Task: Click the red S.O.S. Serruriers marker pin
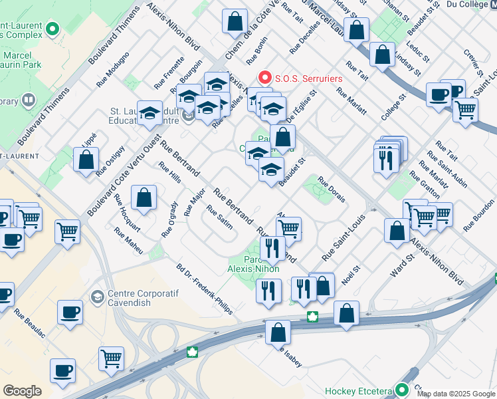[265, 78]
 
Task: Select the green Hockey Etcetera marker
[401, 390]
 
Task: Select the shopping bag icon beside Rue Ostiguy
[86, 160]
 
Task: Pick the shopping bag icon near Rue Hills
[144, 198]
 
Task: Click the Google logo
[22, 391]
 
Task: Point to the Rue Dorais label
[331, 190]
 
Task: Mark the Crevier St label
[473, 60]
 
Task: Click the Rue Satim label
[220, 216]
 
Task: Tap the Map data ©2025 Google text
[456, 394]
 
